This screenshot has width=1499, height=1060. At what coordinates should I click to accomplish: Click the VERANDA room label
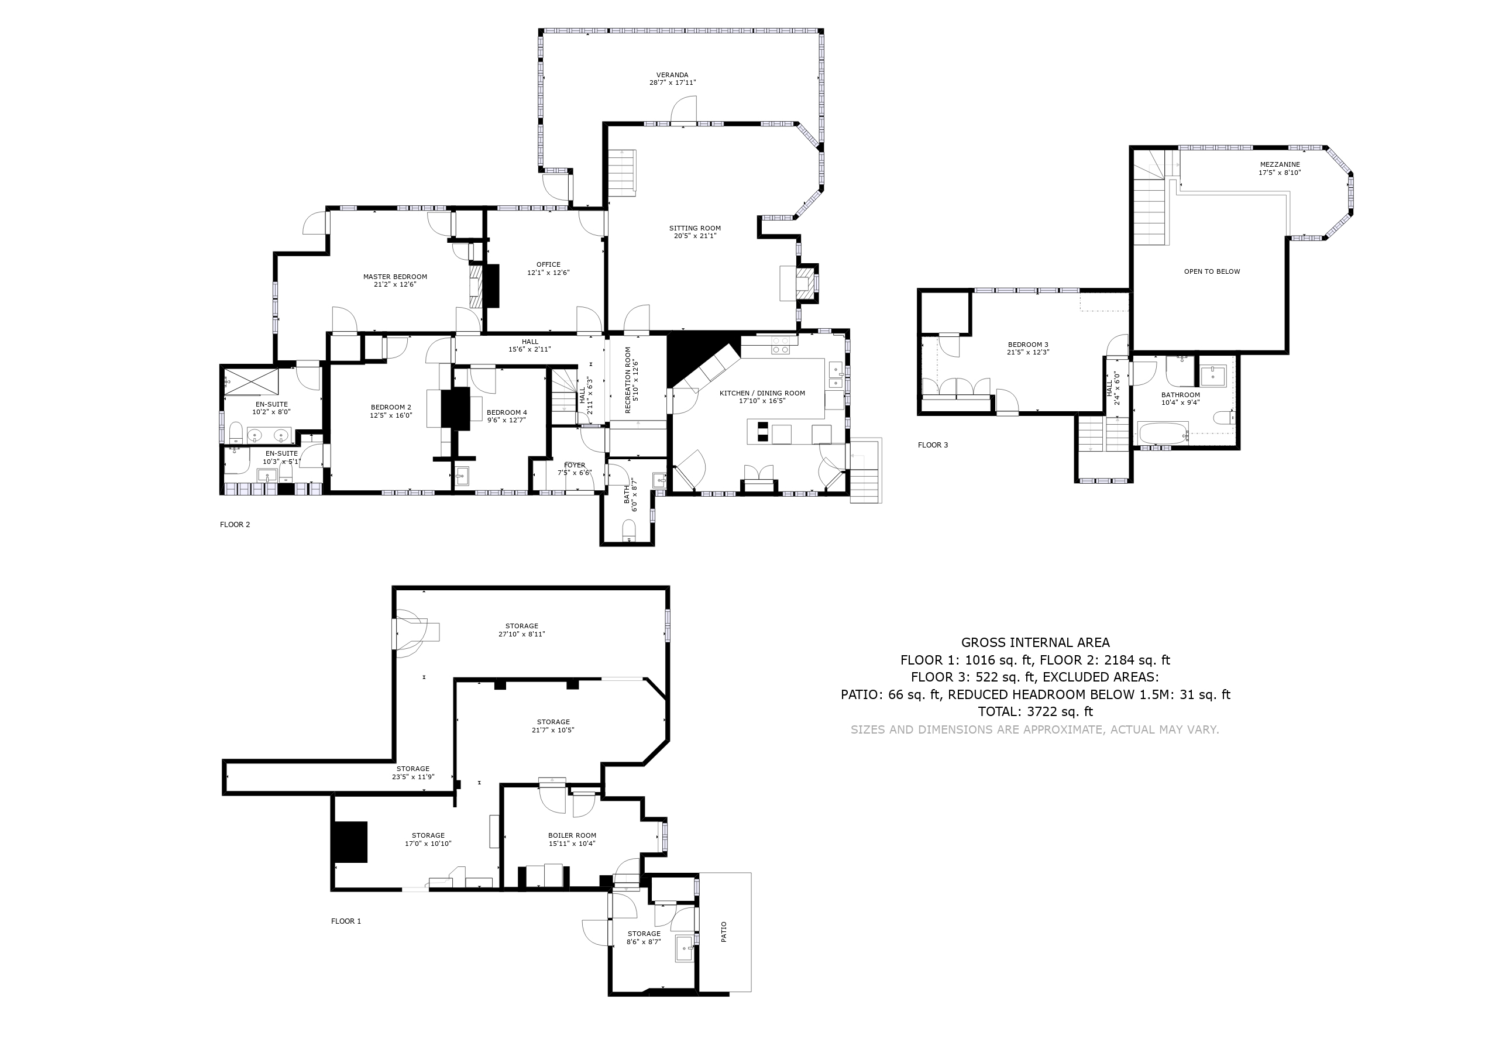pos(672,75)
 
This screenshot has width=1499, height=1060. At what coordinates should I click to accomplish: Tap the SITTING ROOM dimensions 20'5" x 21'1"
pos(695,236)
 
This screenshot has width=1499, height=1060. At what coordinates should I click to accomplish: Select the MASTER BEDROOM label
pos(395,277)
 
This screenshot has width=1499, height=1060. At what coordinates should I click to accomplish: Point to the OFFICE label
pos(548,264)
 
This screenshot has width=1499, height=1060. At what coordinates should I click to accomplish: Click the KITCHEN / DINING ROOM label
pos(762,393)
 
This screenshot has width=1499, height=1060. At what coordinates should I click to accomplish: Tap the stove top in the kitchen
pos(780,345)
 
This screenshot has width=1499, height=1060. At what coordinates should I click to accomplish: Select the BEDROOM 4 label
pos(507,412)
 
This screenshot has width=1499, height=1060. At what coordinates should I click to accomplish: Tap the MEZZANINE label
pos(1280,164)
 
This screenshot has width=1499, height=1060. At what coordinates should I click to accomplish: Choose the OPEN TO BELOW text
pos(1212,271)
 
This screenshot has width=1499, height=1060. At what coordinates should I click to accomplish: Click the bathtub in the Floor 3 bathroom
pos(1162,433)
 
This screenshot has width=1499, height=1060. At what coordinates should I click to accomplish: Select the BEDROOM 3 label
pos(1027,345)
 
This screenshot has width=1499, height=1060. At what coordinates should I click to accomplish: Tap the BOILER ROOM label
pos(572,835)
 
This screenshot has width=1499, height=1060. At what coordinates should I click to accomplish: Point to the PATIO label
pos(724,931)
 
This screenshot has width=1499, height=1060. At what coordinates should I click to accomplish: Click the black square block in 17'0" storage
pos(350,842)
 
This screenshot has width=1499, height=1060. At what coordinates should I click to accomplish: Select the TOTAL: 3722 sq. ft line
pos(1035,711)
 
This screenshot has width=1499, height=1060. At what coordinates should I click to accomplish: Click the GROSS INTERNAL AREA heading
pos(1035,642)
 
